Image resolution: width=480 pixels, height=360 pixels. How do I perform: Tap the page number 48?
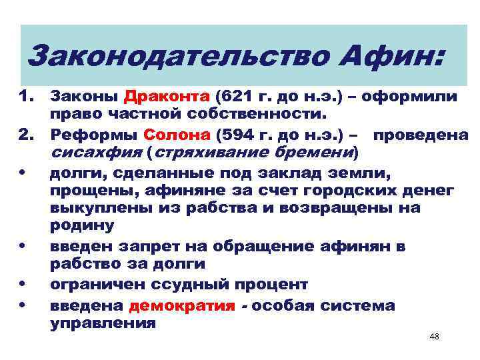[435, 337]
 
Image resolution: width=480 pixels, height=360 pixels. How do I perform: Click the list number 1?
[25, 97]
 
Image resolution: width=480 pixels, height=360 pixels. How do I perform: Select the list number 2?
[25, 135]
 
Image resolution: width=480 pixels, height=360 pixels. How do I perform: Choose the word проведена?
[421, 135]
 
